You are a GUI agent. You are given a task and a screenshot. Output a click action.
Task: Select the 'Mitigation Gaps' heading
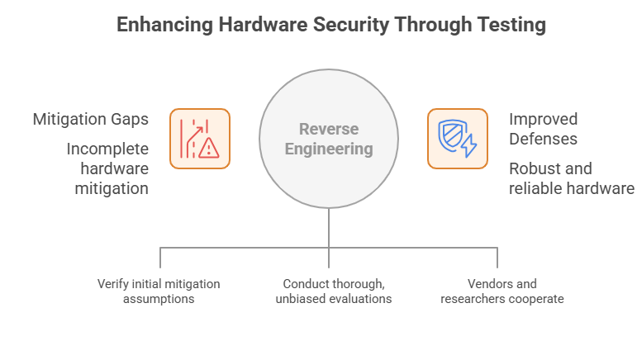pos(91,119)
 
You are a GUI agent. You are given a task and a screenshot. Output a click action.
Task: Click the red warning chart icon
pos(199,139)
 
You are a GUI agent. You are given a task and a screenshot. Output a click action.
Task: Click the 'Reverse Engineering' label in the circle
pos(329,139)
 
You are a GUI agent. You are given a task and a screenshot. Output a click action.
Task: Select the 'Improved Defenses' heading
pos(543,128)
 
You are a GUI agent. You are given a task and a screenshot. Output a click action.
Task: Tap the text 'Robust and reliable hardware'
pos(571,178)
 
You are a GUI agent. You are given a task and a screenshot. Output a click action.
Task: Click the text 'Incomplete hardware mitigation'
pos(107,168)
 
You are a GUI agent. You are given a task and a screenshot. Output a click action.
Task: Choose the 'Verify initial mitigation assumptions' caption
pos(159,291)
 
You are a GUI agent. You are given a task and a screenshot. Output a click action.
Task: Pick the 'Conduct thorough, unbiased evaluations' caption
pos(329,291)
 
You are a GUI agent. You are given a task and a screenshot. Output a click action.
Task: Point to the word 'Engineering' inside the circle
pos(329,149)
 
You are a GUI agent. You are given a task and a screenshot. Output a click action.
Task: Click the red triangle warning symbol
pos(209,148)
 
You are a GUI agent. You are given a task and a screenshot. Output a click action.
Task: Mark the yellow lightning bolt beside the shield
pos(468,146)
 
